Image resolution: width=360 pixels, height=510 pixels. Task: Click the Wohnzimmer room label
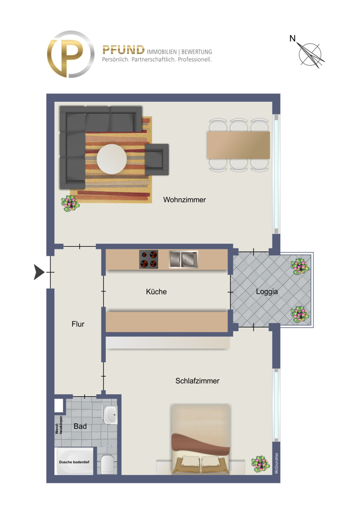pyautogui.click(x=185, y=200)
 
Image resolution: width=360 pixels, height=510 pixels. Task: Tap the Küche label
pyautogui.click(x=156, y=292)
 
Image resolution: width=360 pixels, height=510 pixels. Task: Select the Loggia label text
pyautogui.click(x=267, y=292)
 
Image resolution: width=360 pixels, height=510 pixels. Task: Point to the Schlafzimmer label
pyautogui.click(x=197, y=380)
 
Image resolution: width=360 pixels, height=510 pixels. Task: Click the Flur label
pyautogui.click(x=78, y=324)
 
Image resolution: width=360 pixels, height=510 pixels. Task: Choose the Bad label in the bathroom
pyautogui.click(x=80, y=426)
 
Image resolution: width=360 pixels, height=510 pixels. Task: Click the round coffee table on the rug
pyautogui.click(x=112, y=159)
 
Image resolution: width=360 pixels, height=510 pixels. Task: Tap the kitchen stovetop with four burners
pyautogui.click(x=148, y=259)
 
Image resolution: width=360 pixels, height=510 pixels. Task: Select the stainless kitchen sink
pyautogui.click(x=184, y=260)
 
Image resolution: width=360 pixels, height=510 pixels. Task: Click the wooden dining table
pyautogui.click(x=238, y=145)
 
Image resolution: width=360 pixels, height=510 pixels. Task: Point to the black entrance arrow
pyautogui.click(x=39, y=272)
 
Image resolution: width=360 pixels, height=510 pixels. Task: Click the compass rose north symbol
pyautogui.click(x=311, y=53)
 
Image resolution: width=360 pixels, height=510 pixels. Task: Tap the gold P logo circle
pyautogui.click(x=70, y=54)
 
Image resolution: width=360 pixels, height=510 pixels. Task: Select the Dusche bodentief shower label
pyautogui.click(x=74, y=462)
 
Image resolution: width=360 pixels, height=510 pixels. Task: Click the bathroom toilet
pyautogui.click(x=108, y=464)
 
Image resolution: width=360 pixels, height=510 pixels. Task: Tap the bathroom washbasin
pyautogui.click(x=110, y=415)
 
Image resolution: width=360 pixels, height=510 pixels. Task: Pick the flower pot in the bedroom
pyautogui.click(x=260, y=464)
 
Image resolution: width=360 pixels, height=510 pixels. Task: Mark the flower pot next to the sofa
pyautogui.click(x=70, y=203)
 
